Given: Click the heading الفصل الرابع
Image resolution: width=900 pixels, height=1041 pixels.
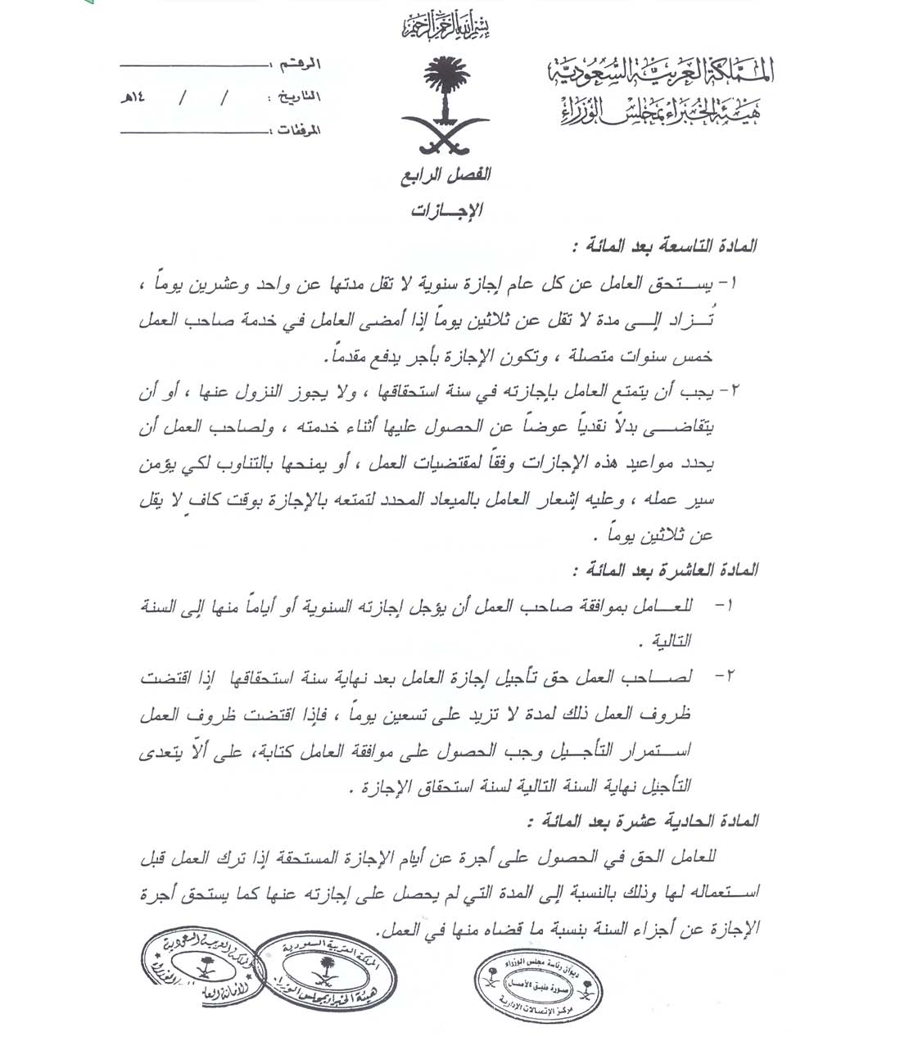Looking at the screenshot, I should (x=446, y=174).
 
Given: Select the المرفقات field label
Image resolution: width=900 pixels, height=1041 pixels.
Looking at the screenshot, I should (x=297, y=130).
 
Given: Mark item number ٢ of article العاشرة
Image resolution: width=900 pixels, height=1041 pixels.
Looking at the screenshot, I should (x=723, y=677).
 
